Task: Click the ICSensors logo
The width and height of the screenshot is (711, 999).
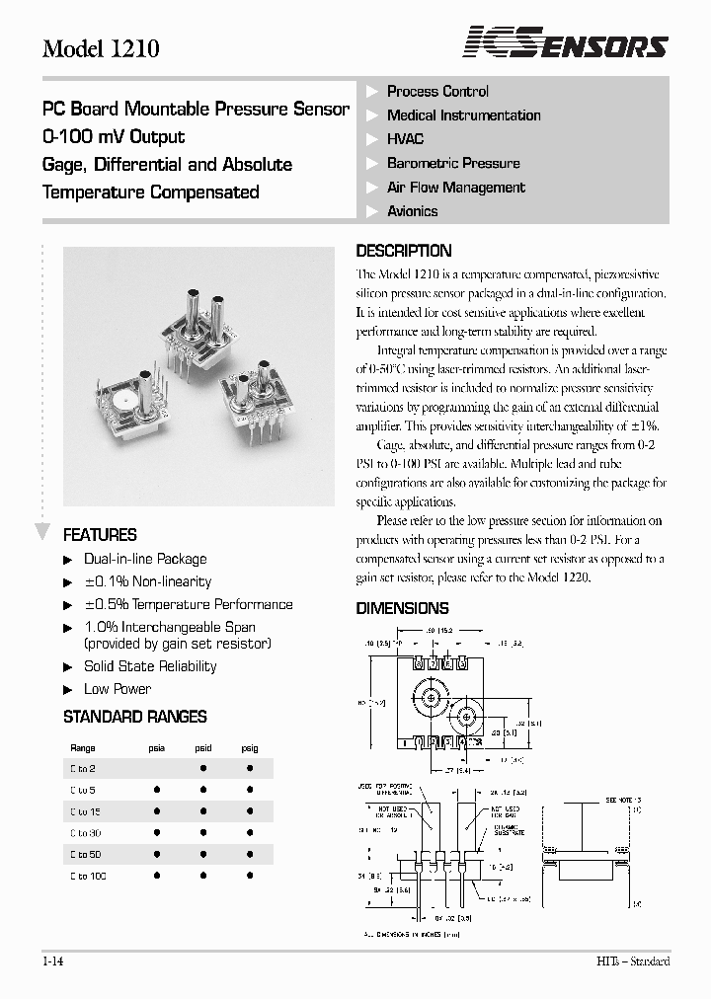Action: (566, 44)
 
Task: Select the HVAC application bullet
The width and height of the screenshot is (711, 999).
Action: (405, 139)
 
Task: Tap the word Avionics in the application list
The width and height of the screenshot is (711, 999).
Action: (412, 211)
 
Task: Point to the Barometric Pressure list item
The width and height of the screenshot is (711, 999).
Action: (453, 163)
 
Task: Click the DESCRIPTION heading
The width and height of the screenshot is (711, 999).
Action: (403, 251)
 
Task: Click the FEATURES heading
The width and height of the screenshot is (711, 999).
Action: (100, 535)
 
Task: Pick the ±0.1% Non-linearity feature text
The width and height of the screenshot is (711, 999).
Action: (147, 581)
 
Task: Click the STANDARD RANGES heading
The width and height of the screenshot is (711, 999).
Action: (135, 717)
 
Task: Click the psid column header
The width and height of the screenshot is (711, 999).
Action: (202, 748)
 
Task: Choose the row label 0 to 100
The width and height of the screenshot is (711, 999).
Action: (88, 877)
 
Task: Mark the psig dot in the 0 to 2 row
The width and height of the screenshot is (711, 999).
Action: (250, 768)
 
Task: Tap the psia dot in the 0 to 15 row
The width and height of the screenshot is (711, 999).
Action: (157, 811)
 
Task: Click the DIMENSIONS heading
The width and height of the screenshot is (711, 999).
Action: (402, 608)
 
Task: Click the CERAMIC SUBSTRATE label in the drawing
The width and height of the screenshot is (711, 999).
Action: (512, 832)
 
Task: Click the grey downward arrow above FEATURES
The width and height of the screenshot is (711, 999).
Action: (42, 532)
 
